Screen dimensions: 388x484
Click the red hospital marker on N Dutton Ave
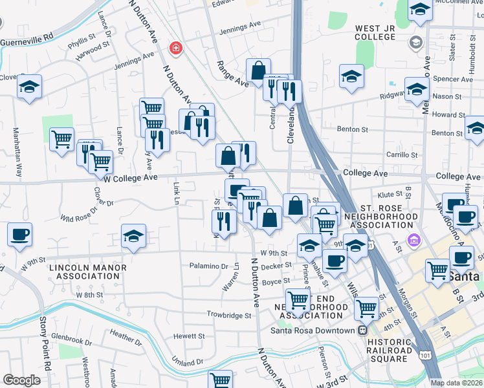[x=175, y=48]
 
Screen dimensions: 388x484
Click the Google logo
[x=21, y=380]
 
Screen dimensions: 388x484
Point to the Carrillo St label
[x=402, y=155]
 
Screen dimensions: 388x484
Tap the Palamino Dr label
[x=209, y=266]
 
